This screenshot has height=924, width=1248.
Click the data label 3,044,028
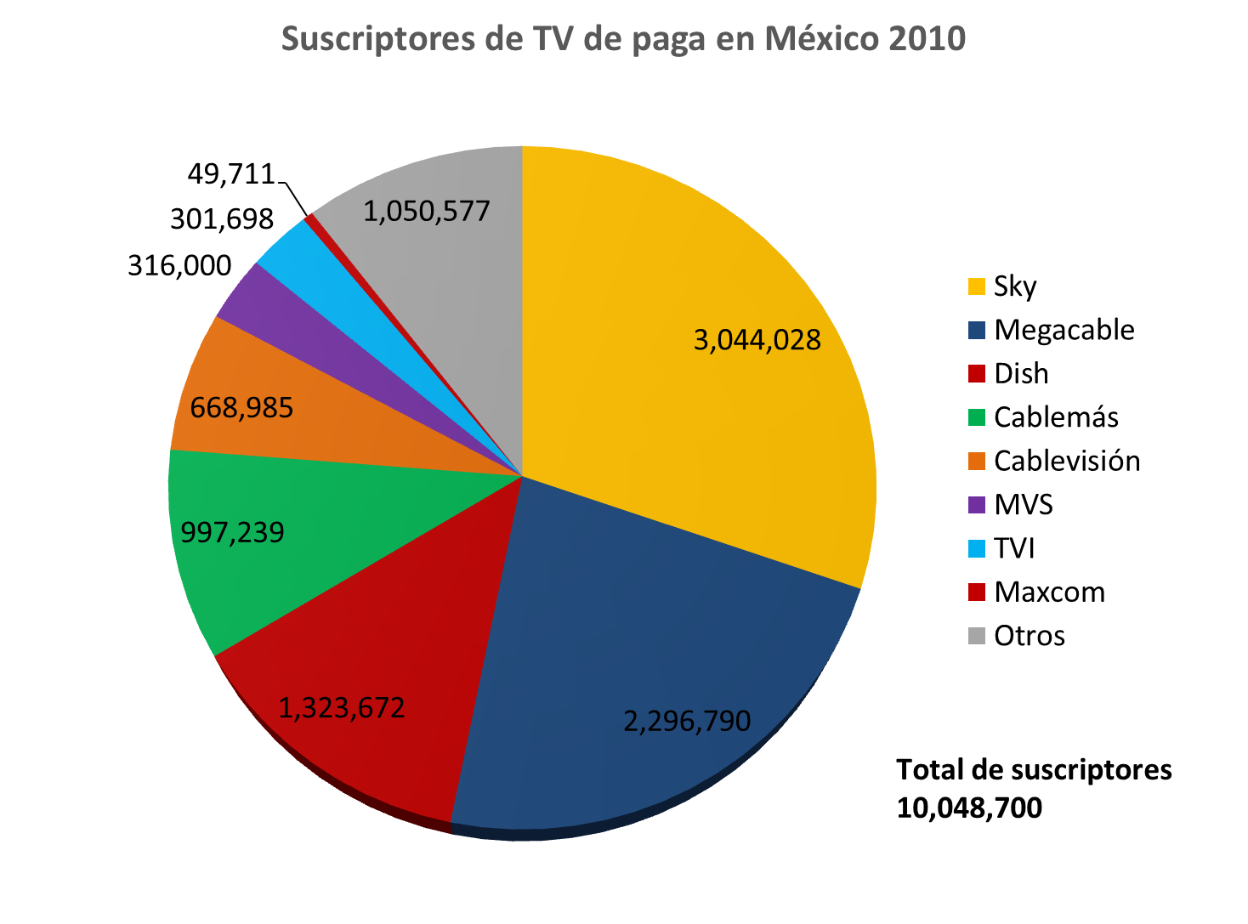(x=757, y=340)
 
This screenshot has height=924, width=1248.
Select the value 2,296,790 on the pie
(x=687, y=721)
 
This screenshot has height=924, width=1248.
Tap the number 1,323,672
(x=342, y=707)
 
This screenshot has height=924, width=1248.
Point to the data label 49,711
(x=231, y=173)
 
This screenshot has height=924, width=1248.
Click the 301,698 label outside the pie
(x=222, y=219)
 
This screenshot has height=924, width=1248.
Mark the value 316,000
(x=179, y=265)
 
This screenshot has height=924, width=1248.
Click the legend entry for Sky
(x=1015, y=286)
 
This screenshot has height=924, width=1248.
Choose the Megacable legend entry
(x=1064, y=330)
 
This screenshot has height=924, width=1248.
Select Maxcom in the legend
(x=1049, y=592)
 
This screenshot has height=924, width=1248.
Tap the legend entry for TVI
(x=1014, y=548)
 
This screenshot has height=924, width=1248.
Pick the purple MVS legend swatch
(x=977, y=505)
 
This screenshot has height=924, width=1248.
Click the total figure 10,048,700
(x=969, y=808)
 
